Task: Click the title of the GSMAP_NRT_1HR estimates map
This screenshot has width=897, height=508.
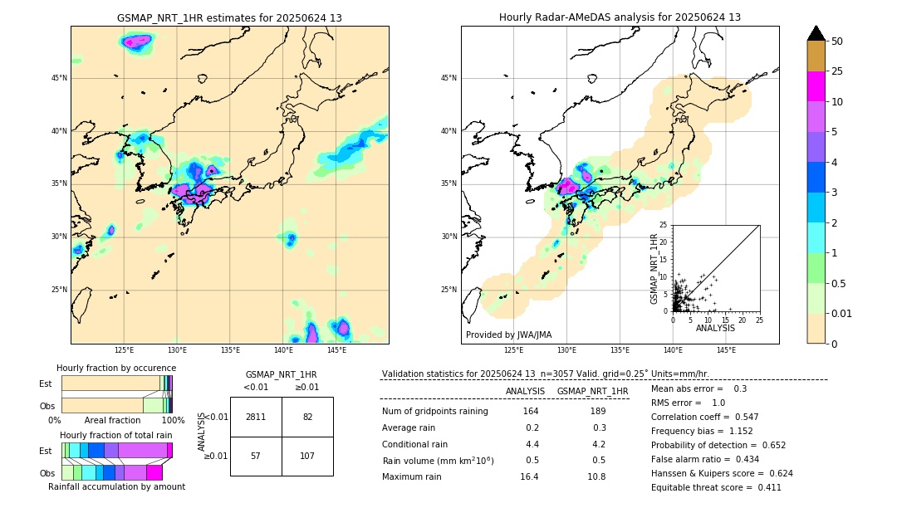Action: point(229,17)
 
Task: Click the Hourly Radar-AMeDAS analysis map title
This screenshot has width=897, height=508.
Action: point(620,17)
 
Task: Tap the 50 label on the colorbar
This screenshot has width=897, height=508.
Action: point(837,42)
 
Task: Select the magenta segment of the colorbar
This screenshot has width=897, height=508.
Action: point(816,86)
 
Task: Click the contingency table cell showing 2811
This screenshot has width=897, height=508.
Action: point(256,417)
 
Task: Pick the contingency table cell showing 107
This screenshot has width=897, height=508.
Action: point(307,456)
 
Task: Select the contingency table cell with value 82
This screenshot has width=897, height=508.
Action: point(307,417)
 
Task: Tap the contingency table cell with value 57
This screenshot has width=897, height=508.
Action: point(256,456)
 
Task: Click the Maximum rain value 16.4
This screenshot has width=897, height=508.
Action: point(530,476)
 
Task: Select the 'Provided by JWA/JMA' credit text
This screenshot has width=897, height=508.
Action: point(508,335)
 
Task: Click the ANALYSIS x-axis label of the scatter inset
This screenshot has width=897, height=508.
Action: point(715,328)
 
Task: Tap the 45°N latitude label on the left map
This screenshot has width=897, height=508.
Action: point(59,78)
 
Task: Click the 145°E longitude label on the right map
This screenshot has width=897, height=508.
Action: point(726,350)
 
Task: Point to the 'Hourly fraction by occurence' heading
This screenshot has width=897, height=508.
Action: point(116,368)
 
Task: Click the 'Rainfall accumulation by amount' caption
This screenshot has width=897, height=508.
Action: point(116,486)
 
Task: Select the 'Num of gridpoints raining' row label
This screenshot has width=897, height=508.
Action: point(434,412)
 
